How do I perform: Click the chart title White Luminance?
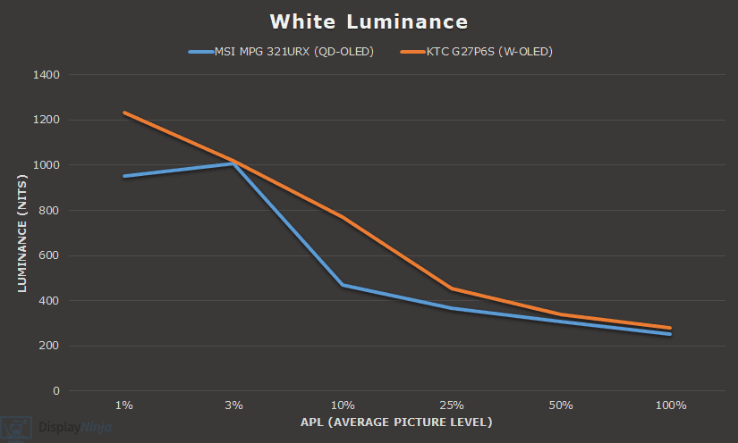[369, 21]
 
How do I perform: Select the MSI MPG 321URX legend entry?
[281, 52]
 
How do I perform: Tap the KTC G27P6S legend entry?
[477, 52]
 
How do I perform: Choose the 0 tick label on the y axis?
[55, 391]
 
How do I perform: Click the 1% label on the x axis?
[124, 405]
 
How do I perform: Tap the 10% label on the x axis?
[343, 405]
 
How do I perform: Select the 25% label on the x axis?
[452, 405]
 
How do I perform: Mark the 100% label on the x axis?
[670, 405]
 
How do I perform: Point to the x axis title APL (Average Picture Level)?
[397, 422]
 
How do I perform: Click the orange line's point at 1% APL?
[124, 113]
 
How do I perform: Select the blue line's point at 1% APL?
[124, 176]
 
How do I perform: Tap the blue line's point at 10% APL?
[343, 285]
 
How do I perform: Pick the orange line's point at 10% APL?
[343, 217]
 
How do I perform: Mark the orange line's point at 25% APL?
[452, 288]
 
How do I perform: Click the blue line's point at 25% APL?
[452, 308]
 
